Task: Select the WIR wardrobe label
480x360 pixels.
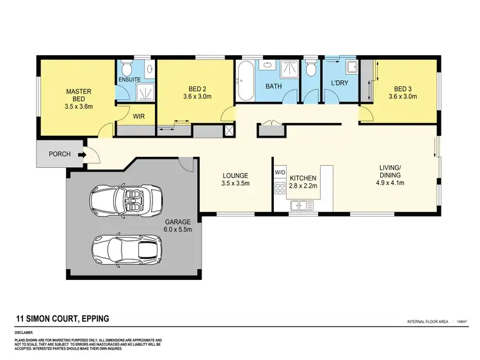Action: click(138, 117)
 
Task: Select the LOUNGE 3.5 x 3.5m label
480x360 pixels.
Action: click(235, 179)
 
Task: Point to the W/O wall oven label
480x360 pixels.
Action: click(280, 173)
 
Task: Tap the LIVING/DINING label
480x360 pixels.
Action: click(390, 175)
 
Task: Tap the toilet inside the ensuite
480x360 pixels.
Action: click(125, 69)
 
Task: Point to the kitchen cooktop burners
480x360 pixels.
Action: click(279, 188)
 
